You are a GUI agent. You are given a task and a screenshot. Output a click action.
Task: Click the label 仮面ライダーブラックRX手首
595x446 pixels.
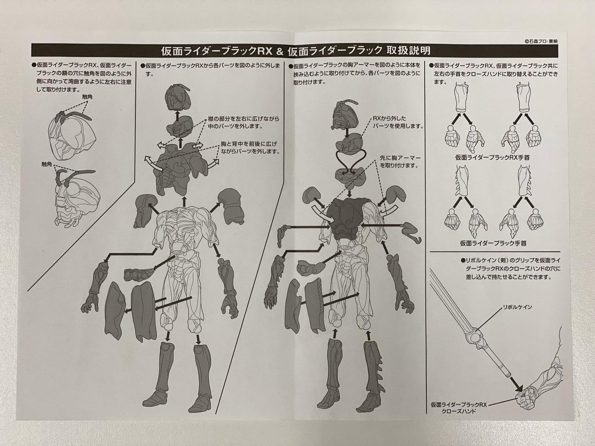[x=492, y=157]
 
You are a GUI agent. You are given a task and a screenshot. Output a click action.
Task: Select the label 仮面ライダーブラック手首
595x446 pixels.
[x=493, y=243]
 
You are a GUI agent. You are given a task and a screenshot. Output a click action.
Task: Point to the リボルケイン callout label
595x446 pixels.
[x=517, y=307]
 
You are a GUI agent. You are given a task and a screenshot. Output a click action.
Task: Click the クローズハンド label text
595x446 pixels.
[x=459, y=419]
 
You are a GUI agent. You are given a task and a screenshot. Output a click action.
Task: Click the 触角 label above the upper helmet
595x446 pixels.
[x=87, y=97]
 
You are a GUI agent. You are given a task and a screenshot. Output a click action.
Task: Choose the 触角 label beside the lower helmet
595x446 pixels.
[x=47, y=164]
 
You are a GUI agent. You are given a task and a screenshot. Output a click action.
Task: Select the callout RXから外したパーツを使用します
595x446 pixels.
[x=398, y=122]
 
